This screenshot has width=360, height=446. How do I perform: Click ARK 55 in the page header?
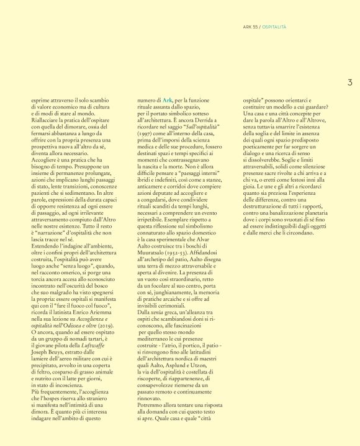pyautogui.click(x=251, y=27)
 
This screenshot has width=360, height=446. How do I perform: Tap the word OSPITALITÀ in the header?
pyautogui.click(x=274, y=27)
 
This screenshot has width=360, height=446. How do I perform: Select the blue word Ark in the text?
pyautogui.click(x=168, y=99)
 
